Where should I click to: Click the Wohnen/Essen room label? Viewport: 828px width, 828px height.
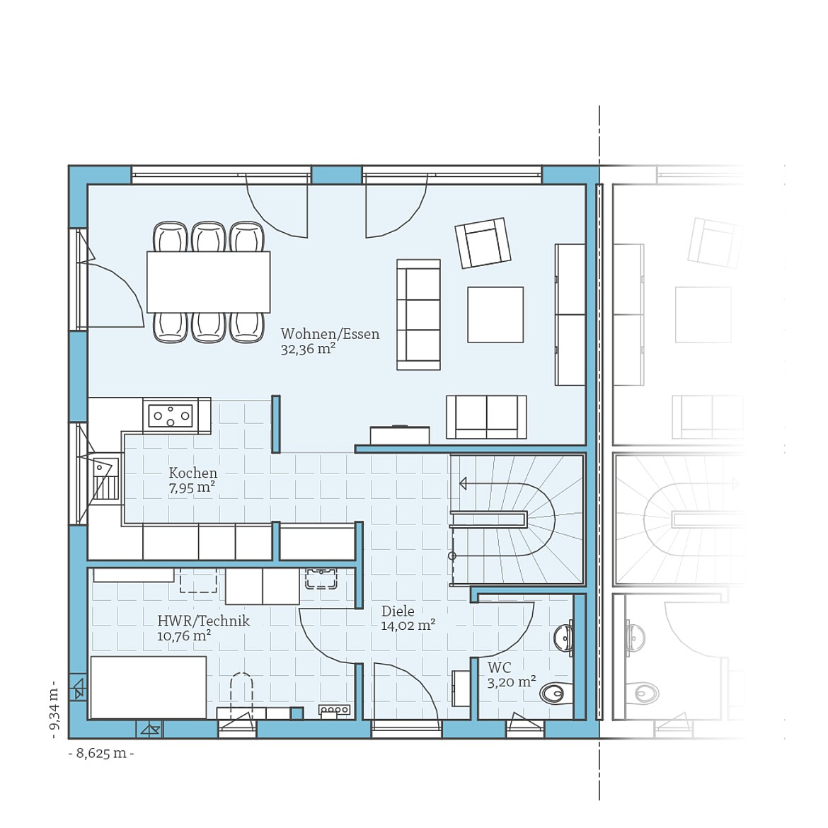point(330,334)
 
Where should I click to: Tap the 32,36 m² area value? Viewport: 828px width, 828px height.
point(308,349)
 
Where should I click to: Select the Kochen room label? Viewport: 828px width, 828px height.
point(192,473)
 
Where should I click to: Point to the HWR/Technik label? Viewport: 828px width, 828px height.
point(203,621)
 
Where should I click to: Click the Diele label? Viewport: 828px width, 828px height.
point(398,611)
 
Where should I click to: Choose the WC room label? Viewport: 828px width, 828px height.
point(499,667)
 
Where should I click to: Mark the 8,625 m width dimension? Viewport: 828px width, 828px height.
point(101,753)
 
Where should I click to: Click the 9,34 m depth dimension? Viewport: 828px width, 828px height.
point(54,711)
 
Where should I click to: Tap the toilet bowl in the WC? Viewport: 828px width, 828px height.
point(554,693)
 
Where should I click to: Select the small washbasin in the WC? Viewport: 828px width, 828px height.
point(564,638)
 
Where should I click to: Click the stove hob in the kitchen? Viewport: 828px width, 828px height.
point(170,415)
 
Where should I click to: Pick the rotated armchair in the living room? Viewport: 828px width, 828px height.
point(483,243)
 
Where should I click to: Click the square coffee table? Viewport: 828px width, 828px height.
point(495,314)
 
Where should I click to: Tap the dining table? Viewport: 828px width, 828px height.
point(208,282)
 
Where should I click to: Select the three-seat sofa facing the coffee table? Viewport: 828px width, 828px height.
point(418,314)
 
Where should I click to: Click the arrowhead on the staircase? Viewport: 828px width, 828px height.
point(463,483)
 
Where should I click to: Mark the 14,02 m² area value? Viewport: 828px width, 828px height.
point(408,626)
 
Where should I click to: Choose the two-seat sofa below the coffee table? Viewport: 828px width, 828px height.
point(486,416)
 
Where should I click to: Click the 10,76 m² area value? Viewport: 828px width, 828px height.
point(184,636)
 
